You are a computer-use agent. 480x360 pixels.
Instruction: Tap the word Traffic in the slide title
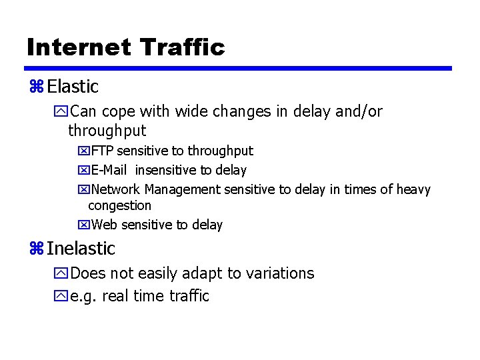pyautogui.click(x=183, y=47)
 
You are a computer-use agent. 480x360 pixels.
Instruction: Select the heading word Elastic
pyautogui.click(x=73, y=87)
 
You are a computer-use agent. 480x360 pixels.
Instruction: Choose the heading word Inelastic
pyautogui.click(x=81, y=249)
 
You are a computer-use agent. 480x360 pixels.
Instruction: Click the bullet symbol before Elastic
pyautogui.click(x=36, y=87)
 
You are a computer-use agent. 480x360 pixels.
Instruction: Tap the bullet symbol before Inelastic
pyautogui.click(x=36, y=249)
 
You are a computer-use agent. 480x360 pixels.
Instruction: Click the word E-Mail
pyautogui.click(x=110, y=171)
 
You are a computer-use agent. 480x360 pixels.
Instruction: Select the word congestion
pyautogui.click(x=119, y=206)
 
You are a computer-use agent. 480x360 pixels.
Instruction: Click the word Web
pyautogui.click(x=103, y=225)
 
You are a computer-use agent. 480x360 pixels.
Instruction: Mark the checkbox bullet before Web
pyautogui.click(x=83, y=225)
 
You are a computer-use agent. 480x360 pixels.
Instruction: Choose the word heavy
pyautogui.click(x=414, y=190)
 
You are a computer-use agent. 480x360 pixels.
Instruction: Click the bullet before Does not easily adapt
pyautogui.click(x=63, y=273)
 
